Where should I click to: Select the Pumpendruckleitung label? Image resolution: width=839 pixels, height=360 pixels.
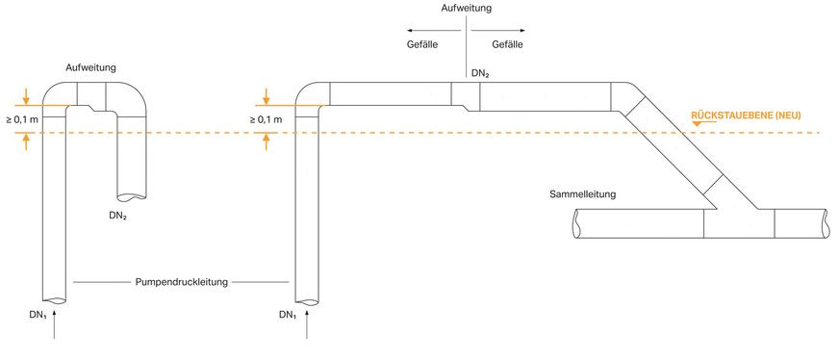(x=181, y=282)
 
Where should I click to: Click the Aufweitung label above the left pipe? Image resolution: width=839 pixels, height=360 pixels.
(x=91, y=69)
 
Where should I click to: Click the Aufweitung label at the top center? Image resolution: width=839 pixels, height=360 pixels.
(x=468, y=8)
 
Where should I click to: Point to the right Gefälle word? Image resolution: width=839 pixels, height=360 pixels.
(x=509, y=45)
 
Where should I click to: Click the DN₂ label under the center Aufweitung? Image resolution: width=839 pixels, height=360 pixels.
(x=480, y=73)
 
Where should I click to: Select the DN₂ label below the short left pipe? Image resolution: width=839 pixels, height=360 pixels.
(x=119, y=217)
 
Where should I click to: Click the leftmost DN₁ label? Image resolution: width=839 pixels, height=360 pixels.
(x=38, y=315)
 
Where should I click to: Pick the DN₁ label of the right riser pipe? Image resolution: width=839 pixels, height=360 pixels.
(x=288, y=315)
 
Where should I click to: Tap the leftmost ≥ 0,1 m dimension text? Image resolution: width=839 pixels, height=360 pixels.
(x=23, y=119)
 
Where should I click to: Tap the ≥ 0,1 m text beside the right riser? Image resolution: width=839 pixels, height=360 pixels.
(x=265, y=119)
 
